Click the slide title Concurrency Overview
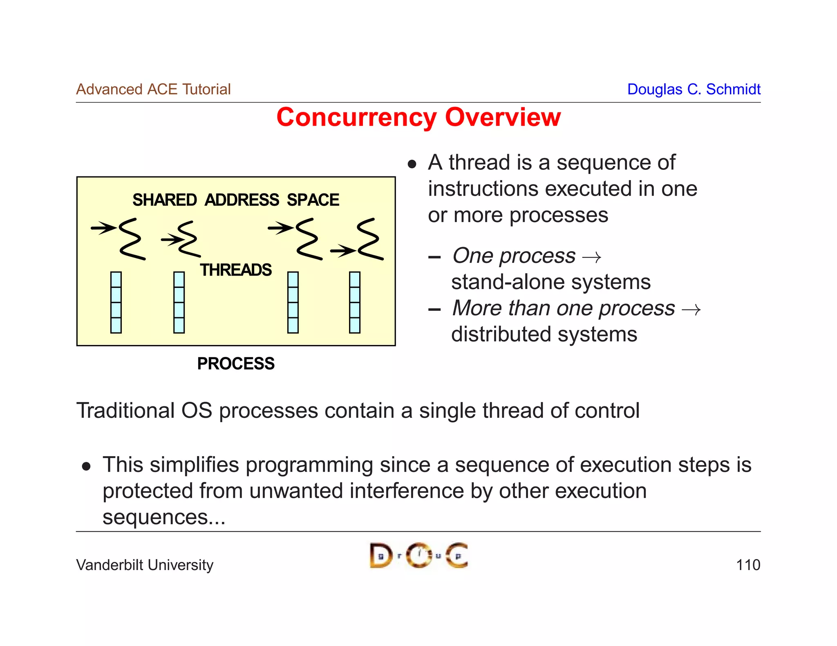coord(418,118)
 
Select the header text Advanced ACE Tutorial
coord(153,89)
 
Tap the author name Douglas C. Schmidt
coord(694,89)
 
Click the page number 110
coord(747,565)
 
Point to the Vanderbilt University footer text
coord(145,565)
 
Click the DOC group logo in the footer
coord(418,555)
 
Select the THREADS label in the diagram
coord(236,270)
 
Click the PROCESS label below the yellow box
coord(236,363)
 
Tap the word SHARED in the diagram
coord(164,200)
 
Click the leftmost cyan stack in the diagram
coord(116,302)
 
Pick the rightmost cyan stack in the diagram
coord(354,302)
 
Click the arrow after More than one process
coord(691,310)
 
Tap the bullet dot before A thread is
coord(412,165)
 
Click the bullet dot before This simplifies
coord(86,466)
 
